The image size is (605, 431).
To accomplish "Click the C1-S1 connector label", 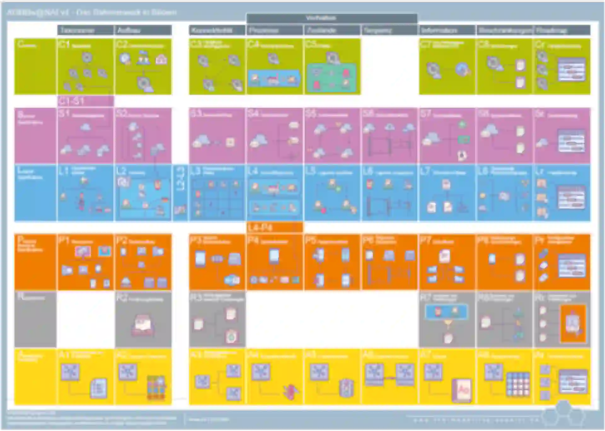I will click(72, 101).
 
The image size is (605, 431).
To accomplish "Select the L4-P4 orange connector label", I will click(260, 227).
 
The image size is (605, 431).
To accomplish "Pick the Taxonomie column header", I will click(77, 30).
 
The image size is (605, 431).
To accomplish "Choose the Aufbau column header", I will click(129, 30).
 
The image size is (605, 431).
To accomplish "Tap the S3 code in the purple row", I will click(196, 113).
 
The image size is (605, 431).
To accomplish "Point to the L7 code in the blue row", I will click(425, 171).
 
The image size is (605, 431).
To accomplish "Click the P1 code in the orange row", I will click(64, 240).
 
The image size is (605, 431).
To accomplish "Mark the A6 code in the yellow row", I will click(368, 355).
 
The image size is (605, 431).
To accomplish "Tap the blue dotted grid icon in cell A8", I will click(518, 384).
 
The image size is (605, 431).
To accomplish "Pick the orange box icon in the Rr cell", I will click(573, 324).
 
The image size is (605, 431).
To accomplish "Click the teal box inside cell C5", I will click(331, 78).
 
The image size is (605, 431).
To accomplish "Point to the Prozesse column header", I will click(263, 30).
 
